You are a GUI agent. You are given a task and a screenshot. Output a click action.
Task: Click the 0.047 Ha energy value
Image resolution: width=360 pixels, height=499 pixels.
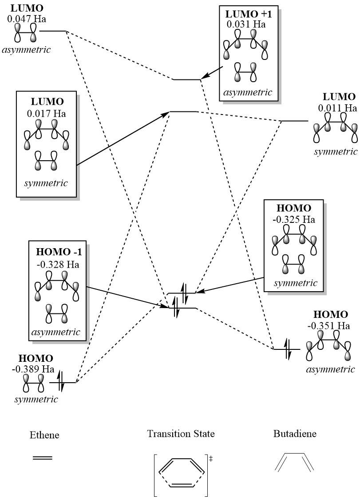pos(27,19)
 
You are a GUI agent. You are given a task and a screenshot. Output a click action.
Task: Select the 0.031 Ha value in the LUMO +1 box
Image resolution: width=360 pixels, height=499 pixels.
pos(246,24)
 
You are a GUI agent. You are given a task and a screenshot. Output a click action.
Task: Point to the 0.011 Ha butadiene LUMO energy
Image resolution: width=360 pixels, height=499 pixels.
pos(337,107)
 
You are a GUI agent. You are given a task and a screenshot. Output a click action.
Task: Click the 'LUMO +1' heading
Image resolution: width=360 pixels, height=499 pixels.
pos(246,14)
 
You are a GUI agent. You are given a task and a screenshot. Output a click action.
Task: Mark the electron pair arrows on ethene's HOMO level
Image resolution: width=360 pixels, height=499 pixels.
pos(61,382)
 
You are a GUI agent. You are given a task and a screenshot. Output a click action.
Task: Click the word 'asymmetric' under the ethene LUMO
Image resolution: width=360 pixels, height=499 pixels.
pos(26,49)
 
